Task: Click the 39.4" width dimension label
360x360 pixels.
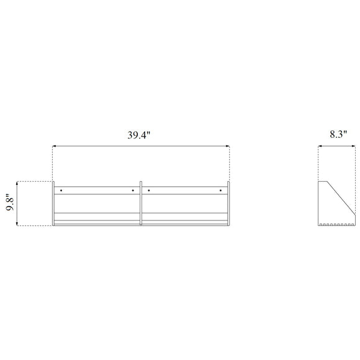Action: click(138, 135)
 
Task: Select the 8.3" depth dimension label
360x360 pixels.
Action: click(338, 134)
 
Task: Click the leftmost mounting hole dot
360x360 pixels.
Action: click(61, 191)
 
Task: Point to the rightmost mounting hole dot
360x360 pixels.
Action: click(220, 191)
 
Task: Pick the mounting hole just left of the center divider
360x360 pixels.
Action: click(133, 191)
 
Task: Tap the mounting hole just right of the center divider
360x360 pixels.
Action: click(149, 191)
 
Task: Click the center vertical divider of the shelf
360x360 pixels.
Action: click(141, 204)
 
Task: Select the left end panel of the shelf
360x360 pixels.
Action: click(53, 204)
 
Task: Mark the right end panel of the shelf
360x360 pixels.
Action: click(228, 204)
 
